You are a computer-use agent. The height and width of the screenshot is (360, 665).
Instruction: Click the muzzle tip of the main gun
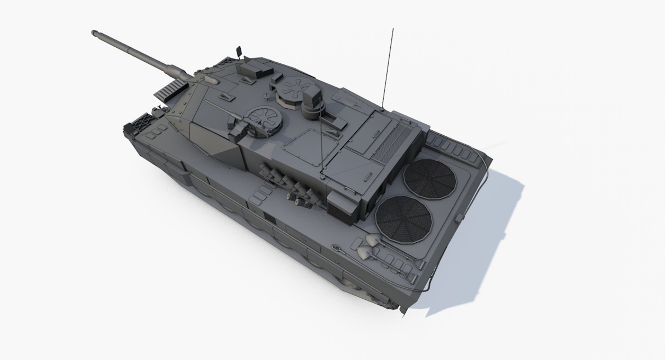[94, 33]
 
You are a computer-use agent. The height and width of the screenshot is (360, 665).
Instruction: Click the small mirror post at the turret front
[239, 52]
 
